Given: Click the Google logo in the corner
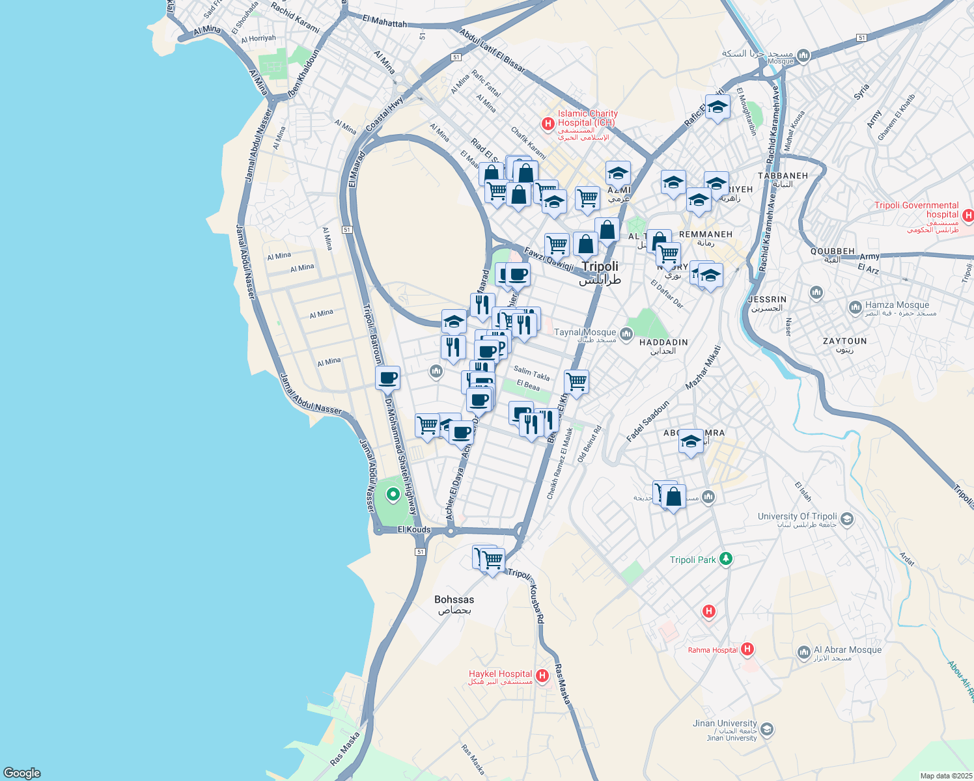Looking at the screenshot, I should coord(22,773).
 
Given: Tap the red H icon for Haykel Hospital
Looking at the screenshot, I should coord(542,676).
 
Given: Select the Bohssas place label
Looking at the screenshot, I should coord(454,599).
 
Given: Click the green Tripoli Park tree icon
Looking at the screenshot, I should coord(726,559).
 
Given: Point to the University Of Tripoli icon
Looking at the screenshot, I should coord(846,519).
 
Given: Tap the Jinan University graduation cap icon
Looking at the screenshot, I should coord(767,729).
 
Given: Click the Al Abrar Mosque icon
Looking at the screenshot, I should coord(804,651).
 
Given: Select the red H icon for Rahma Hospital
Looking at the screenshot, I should coord(747,649).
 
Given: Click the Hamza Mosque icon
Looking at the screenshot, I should coord(856,307).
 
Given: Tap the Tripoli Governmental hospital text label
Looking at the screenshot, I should coord(916,210).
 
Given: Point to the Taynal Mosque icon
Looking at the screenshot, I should coord(626,335).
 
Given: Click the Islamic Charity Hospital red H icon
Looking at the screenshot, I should coord(548,123).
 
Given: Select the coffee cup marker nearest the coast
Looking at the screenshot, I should coord(387,377).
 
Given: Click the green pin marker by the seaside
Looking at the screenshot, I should coord(393,495).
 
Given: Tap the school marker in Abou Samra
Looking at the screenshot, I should coord(691,442).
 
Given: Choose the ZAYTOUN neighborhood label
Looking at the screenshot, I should coord(844,341).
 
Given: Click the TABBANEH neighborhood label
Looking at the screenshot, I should coord(783,176).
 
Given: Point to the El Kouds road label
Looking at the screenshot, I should coord(414,529).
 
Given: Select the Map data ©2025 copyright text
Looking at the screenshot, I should coord(945,776).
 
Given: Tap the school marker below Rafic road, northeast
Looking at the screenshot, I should coord(717,108).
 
